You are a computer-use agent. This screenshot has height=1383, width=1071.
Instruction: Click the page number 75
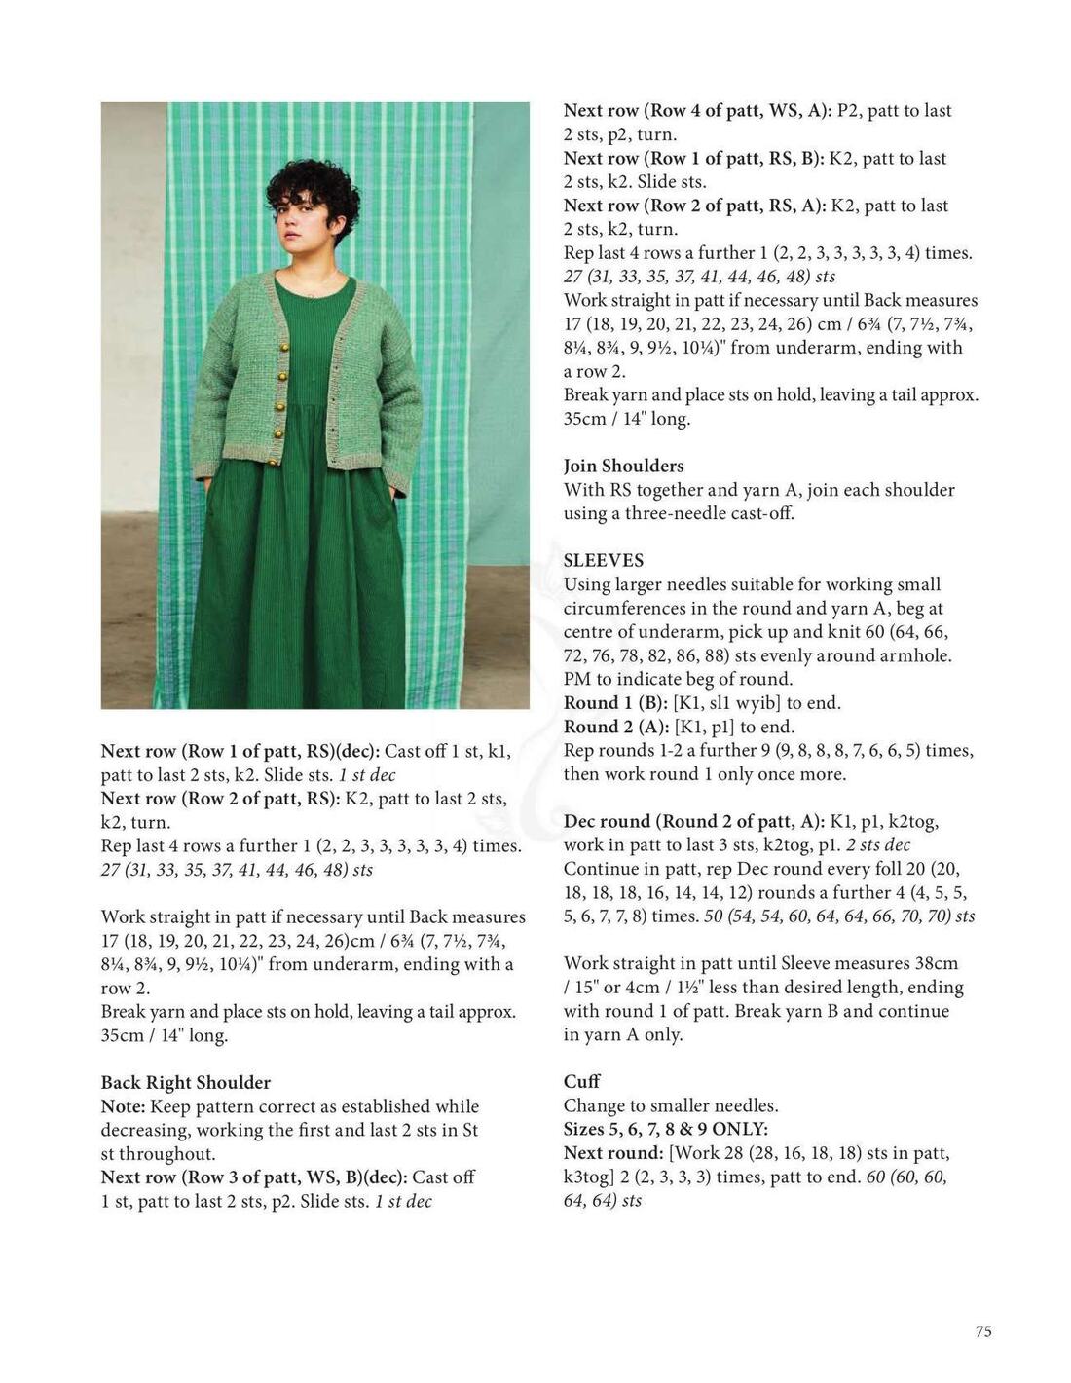[x=983, y=1331]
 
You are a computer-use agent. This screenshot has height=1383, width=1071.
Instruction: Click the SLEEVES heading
[x=604, y=561]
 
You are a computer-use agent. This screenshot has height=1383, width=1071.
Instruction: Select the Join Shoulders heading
[x=623, y=467]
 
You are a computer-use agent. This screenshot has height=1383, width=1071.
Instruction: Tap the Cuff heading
[x=581, y=1082]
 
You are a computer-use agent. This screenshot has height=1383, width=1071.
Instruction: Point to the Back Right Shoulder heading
[x=186, y=1083]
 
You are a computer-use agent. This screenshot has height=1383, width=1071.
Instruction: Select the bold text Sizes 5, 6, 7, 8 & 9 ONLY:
[x=666, y=1130]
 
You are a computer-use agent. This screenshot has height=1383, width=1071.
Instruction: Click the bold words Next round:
[x=613, y=1153]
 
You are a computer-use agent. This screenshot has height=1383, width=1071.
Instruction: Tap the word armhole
[x=919, y=656]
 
